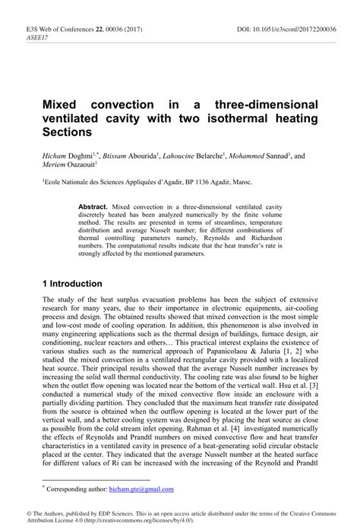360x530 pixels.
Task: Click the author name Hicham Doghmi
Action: pyautogui.click(x=66, y=156)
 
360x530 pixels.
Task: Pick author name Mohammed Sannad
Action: pyautogui.click(x=263, y=156)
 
